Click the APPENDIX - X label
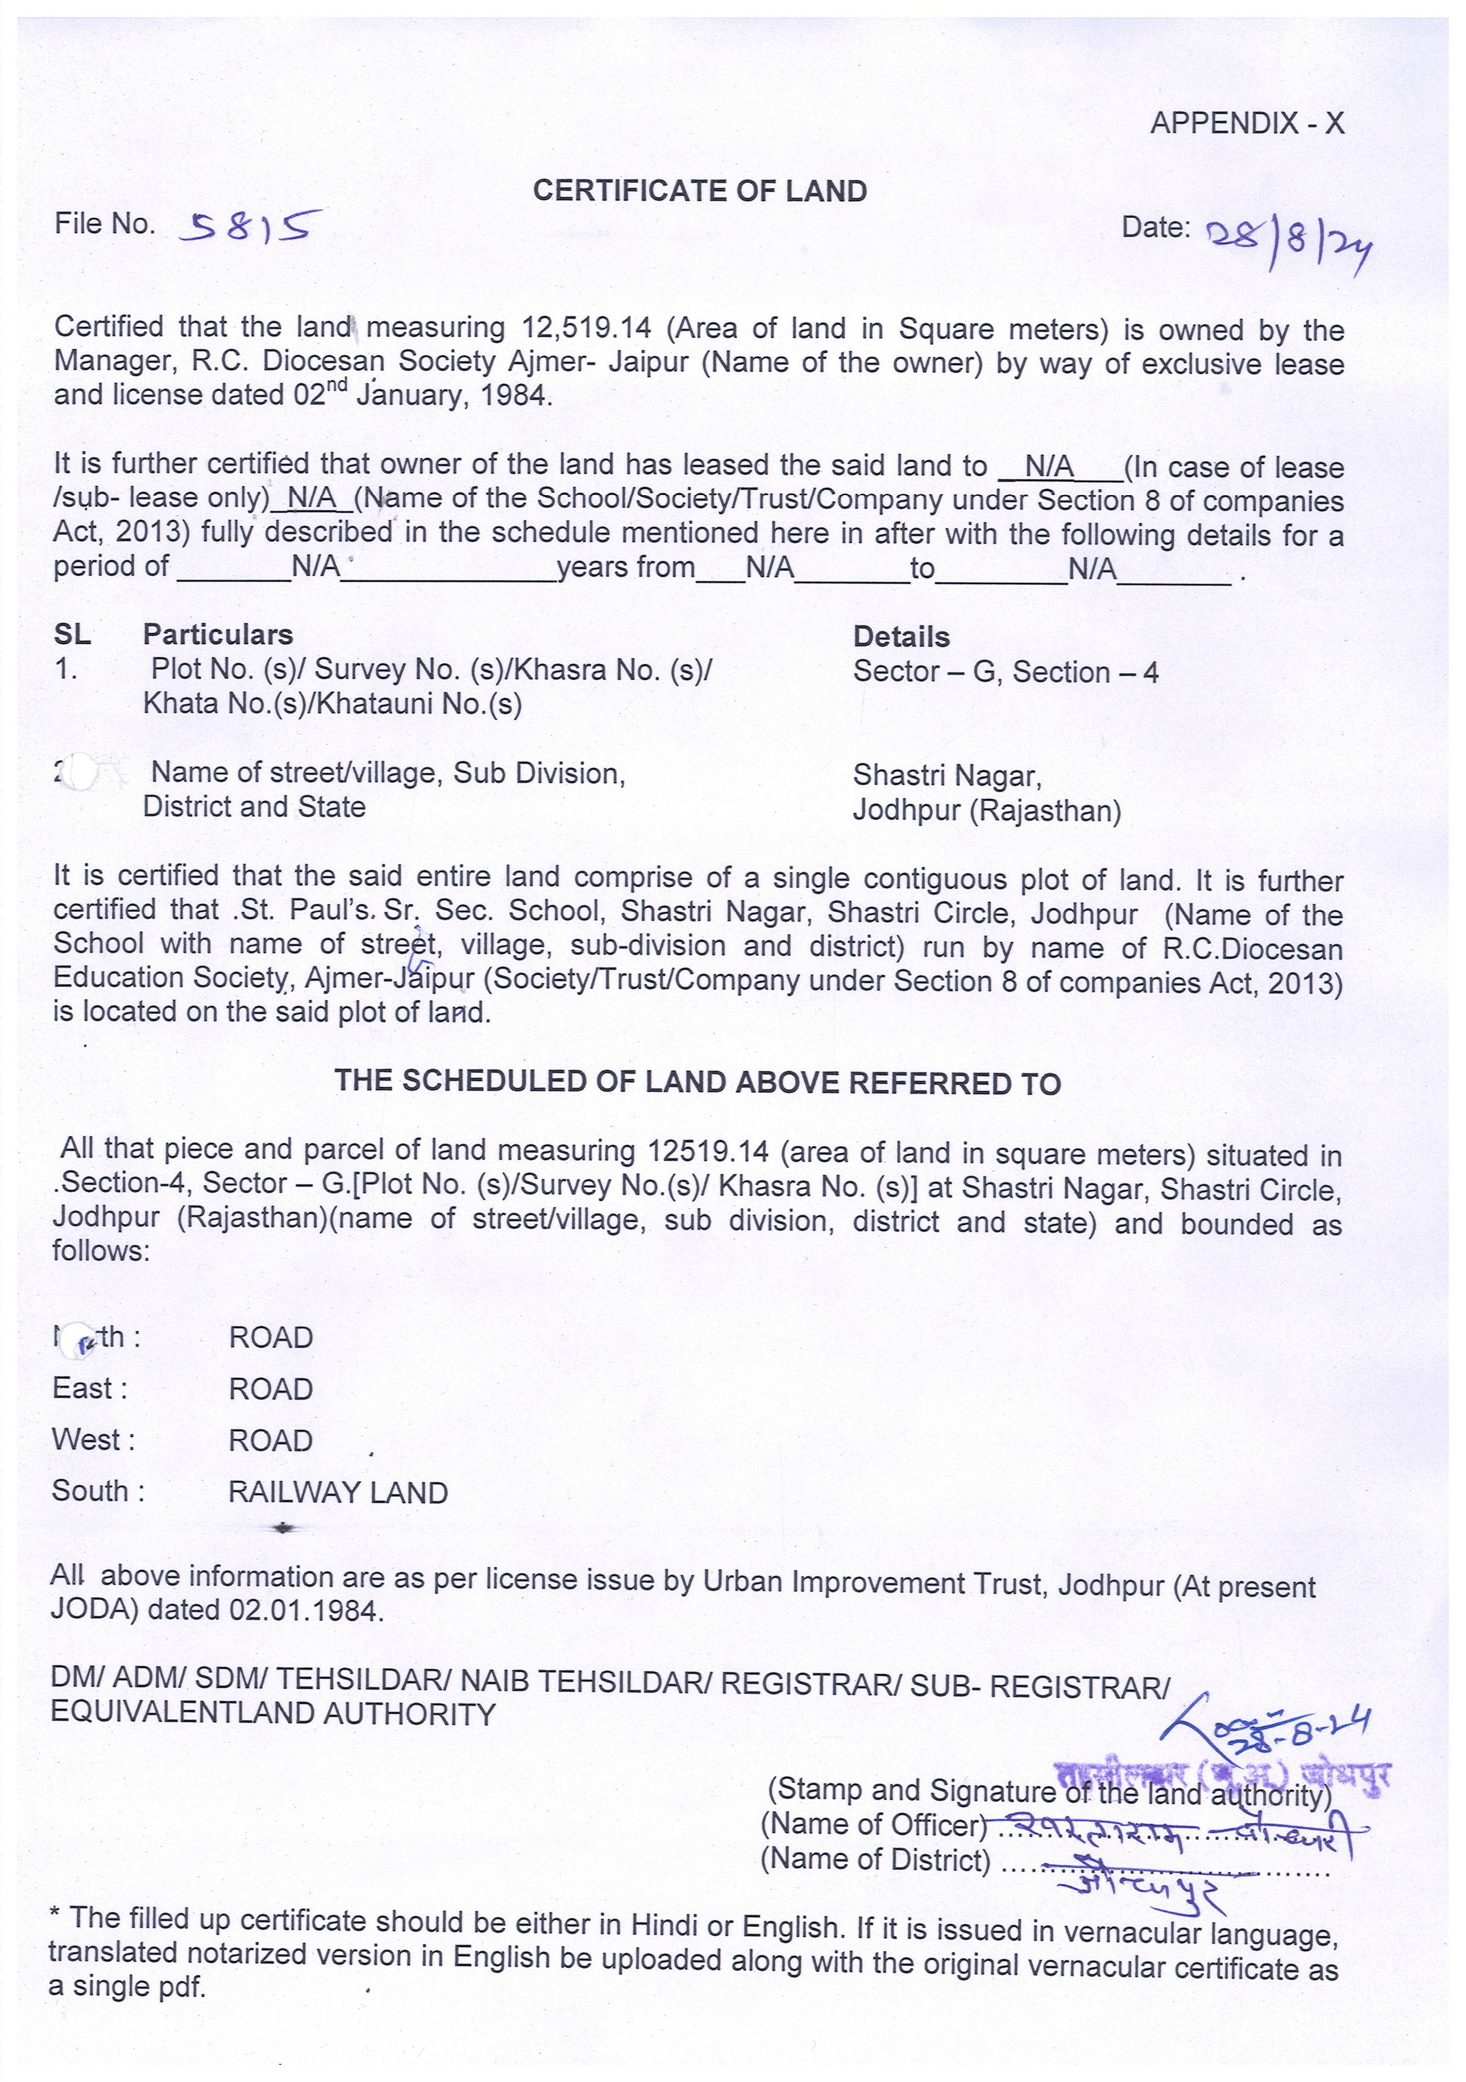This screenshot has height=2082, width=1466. pos(1246,123)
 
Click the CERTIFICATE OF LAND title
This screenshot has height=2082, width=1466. pos(699,191)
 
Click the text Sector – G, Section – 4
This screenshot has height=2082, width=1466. pos(1005,672)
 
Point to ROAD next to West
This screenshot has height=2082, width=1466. pos(270,1440)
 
